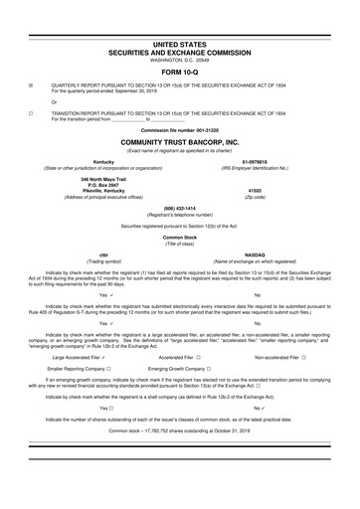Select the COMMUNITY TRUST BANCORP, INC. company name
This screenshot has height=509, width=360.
(x=179, y=142)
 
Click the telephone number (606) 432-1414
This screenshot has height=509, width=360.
(x=179, y=208)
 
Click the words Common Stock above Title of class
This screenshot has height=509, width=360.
(x=179, y=238)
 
